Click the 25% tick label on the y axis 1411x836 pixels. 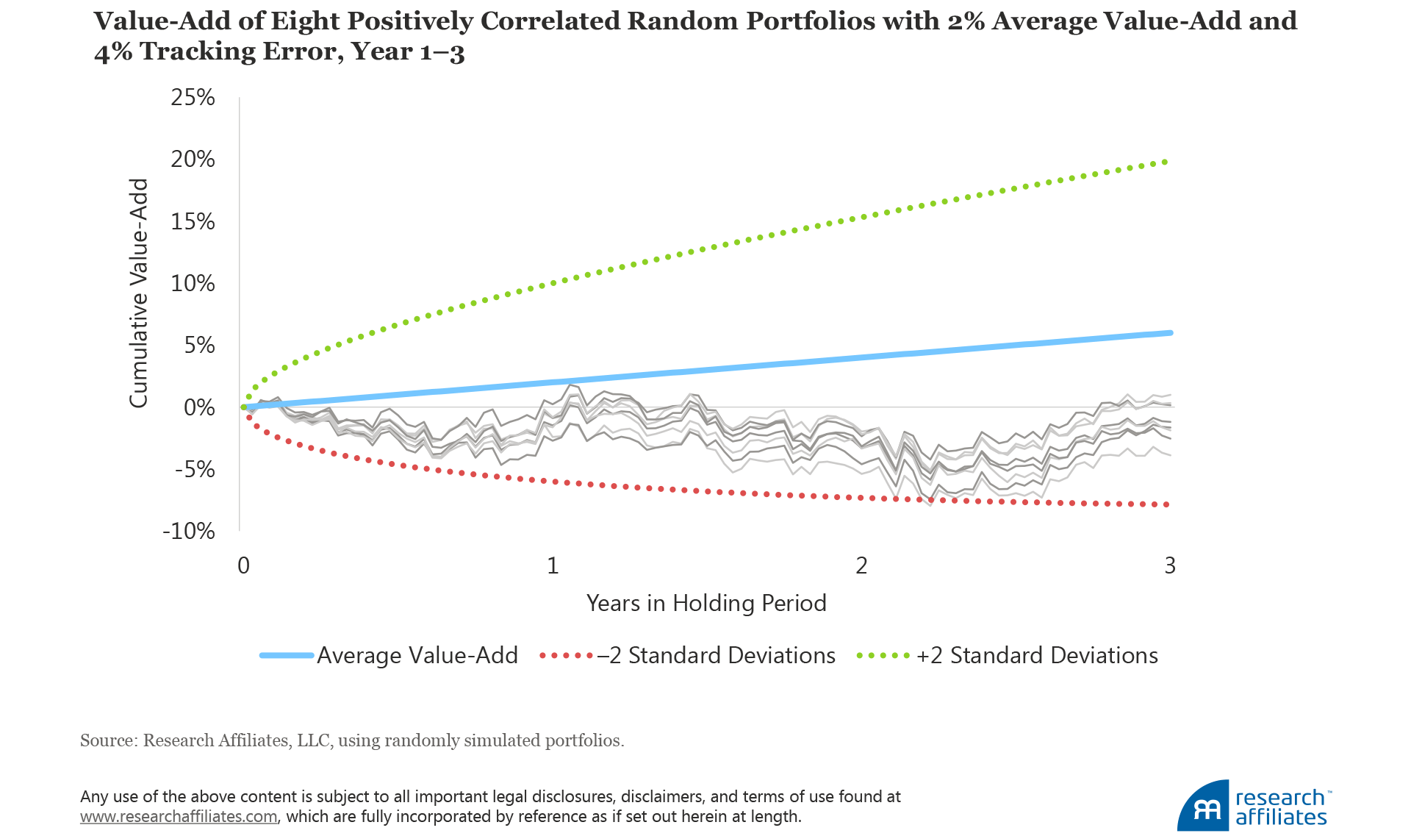tap(193, 97)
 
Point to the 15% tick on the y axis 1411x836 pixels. tap(193, 221)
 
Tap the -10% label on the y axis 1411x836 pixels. tap(189, 531)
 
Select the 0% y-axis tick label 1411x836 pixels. tap(198, 407)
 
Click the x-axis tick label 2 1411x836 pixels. tap(861, 565)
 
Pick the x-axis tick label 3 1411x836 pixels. tap(1170, 565)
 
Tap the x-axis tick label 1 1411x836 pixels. tap(553, 565)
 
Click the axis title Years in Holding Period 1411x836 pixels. tap(706, 603)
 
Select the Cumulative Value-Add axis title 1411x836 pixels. tap(138, 293)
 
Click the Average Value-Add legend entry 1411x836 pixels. tap(417, 655)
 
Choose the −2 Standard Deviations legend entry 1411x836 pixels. tap(717, 655)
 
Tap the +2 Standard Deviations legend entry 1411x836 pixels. tap(1037, 655)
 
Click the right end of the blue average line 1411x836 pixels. tap(1170, 333)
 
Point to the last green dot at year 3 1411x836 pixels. tap(1166, 161)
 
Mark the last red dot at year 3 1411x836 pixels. tap(1166, 504)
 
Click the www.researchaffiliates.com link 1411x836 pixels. tap(179, 816)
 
